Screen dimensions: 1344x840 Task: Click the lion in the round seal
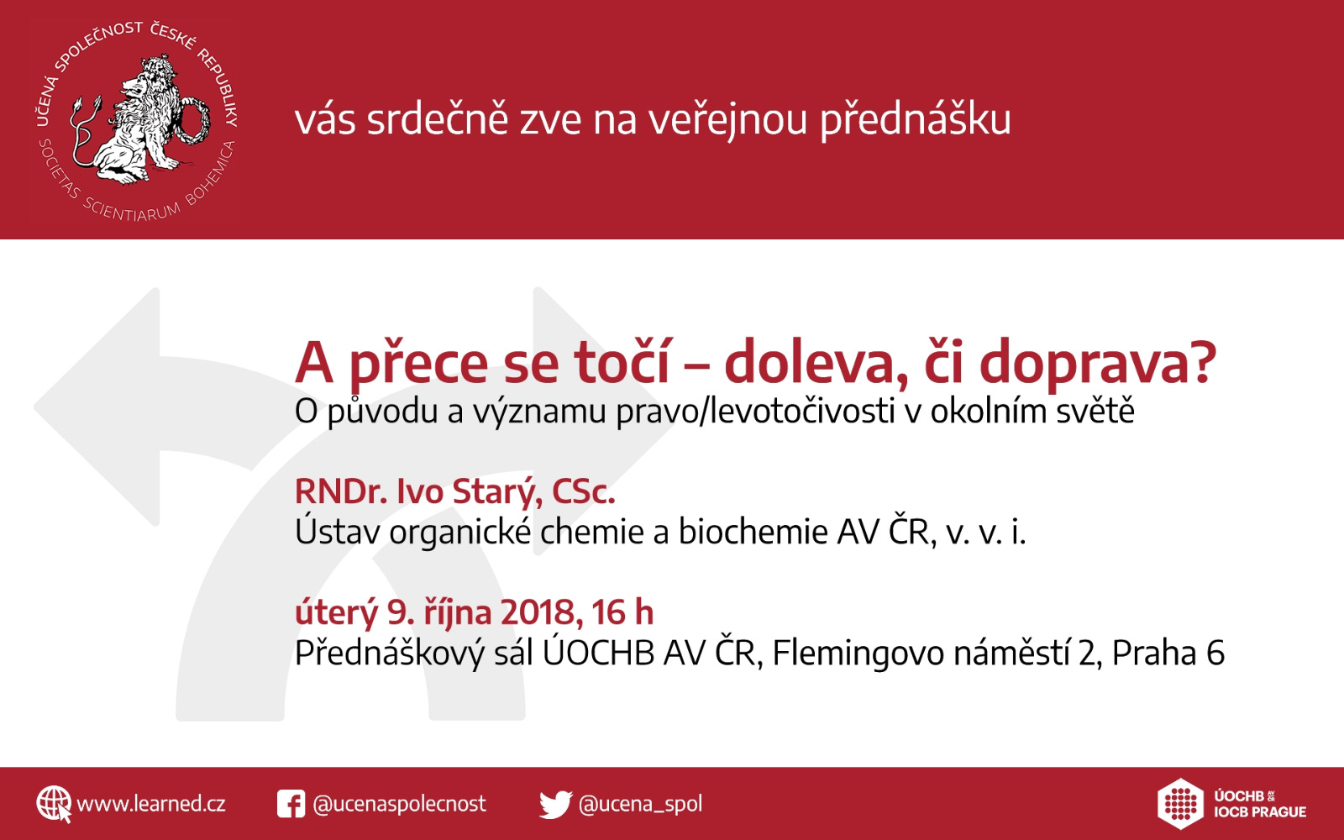141,120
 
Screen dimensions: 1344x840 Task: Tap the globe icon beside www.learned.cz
54,804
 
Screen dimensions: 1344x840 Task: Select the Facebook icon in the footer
291,804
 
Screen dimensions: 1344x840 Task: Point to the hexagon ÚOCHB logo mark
1180,804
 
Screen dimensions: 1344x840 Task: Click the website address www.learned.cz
151,804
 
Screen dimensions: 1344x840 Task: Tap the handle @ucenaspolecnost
400,804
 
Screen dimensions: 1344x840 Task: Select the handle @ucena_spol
640,804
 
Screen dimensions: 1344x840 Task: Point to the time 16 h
622,612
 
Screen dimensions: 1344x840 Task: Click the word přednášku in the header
916,121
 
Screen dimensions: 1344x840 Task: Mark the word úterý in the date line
336,613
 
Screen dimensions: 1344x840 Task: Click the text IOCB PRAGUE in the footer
1260,811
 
